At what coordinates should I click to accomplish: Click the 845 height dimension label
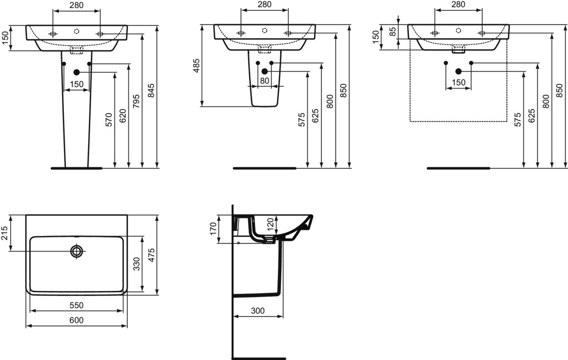[x=151, y=90]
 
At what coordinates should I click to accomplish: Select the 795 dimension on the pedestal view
[x=136, y=101]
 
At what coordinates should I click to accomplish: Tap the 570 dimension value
[x=108, y=120]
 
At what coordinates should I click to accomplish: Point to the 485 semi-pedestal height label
[x=196, y=66]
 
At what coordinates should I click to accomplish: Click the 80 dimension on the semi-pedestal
[x=265, y=81]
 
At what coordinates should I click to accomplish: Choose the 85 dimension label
[x=392, y=32]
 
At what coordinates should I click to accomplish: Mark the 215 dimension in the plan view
[x=5, y=233]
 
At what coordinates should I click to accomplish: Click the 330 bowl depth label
[x=137, y=264]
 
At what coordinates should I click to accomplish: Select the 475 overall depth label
[x=151, y=255]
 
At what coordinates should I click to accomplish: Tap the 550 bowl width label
[x=76, y=305]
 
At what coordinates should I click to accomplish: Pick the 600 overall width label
[x=76, y=320]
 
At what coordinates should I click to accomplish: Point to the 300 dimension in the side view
[x=257, y=311]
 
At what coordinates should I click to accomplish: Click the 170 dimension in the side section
[x=213, y=229]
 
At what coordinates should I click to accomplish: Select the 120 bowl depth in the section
[x=271, y=224]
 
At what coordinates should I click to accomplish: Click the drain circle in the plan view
[x=77, y=251]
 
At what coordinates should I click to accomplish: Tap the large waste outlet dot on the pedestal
[x=77, y=72]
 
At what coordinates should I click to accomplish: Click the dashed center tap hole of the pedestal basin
[x=77, y=31]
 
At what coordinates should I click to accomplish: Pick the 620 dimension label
[x=123, y=116]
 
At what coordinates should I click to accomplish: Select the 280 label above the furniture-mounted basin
[x=458, y=4]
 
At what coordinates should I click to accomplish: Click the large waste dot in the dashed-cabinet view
[x=458, y=72]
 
